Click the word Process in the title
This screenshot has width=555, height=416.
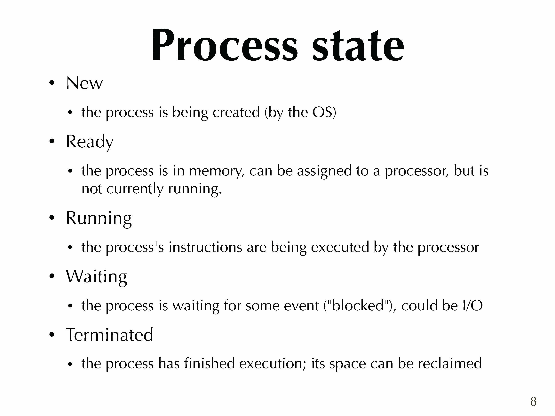[x=225, y=45]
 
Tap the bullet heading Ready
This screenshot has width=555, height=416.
[x=90, y=142]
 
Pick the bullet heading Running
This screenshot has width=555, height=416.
[x=99, y=219]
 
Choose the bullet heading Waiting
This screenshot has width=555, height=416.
[x=96, y=277]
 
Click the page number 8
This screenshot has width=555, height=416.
[x=533, y=401]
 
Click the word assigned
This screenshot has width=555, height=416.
[x=324, y=172]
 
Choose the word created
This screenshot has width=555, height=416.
[x=236, y=112]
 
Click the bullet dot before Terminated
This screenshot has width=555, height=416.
[x=52, y=335]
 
